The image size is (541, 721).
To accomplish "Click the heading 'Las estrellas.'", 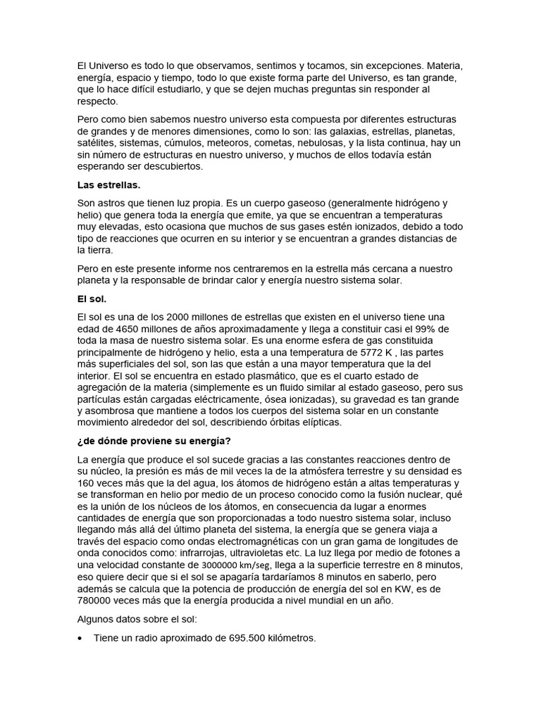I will click(x=108, y=185).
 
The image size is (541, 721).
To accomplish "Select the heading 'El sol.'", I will click(x=92, y=299).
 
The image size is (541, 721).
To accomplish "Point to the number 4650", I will click(x=131, y=329).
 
